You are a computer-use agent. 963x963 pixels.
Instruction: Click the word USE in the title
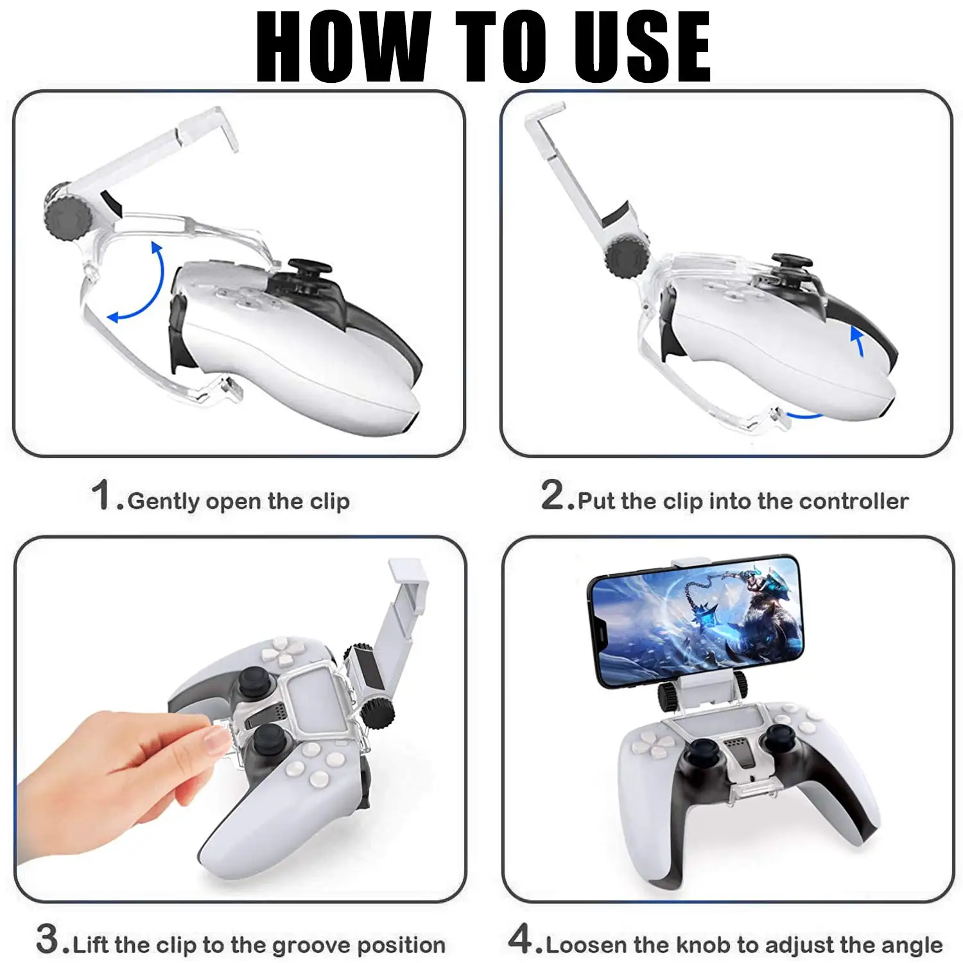tap(642, 46)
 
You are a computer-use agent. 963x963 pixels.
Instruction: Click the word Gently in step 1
tap(164, 501)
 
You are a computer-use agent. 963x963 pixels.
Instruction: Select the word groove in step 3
tap(311, 946)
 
